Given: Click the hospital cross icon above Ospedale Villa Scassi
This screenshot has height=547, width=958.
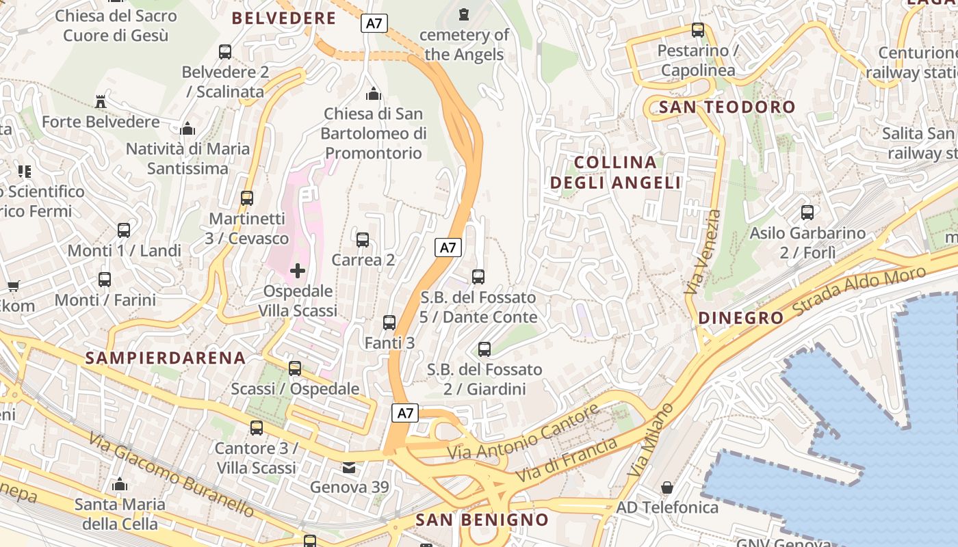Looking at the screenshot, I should click(x=298, y=271).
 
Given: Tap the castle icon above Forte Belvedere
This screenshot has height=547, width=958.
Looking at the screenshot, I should click(x=101, y=102).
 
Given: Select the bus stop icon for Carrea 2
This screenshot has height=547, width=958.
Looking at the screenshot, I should click(x=363, y=240).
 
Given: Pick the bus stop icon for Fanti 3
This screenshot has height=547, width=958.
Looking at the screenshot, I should click(x=389, y=323).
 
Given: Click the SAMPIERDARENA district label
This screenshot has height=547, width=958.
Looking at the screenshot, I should click(x=165, y=358).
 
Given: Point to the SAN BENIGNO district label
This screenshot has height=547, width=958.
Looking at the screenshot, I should click(x=482, y=520).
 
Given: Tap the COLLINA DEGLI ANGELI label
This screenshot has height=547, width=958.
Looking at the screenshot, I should click(x=616, y=172).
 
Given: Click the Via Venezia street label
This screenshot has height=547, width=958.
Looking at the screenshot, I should click(x=705, y=252).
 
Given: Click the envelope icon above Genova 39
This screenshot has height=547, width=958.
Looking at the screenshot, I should click(x=350, y=468).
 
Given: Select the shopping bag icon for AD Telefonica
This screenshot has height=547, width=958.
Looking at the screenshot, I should click(x=667, y=488).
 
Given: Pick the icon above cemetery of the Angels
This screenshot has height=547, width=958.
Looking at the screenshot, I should click(x=465, y=14).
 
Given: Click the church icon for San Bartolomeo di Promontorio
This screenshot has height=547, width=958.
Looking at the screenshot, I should click(x=374, y=94).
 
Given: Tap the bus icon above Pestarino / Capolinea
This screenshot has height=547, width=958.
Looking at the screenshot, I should click(x=698, y=30).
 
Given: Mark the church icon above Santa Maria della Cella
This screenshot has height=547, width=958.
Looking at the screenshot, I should click(x=120, y=485).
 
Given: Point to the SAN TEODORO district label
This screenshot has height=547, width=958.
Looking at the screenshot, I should click(x=727, y=107).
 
